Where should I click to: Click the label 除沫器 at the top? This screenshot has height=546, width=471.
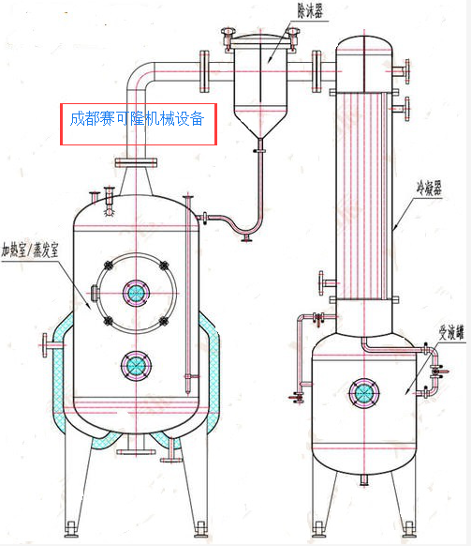coord(310,11)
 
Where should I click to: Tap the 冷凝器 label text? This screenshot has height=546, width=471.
coord(429,189)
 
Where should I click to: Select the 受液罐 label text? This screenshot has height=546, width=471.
coord(451,332)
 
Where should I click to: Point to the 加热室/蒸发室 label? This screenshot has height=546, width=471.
coord(30,250)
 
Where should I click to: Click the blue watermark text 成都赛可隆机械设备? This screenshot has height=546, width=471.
coord(137,119)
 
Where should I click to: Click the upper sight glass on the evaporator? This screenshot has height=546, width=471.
coord(137,294)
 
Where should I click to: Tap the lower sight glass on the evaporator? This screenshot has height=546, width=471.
coord(137,366)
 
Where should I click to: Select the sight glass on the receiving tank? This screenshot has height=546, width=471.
coord(364,393)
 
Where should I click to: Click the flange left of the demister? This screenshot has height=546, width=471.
coord(204,71)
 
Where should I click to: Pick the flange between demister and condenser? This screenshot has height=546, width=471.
coord(316,71)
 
